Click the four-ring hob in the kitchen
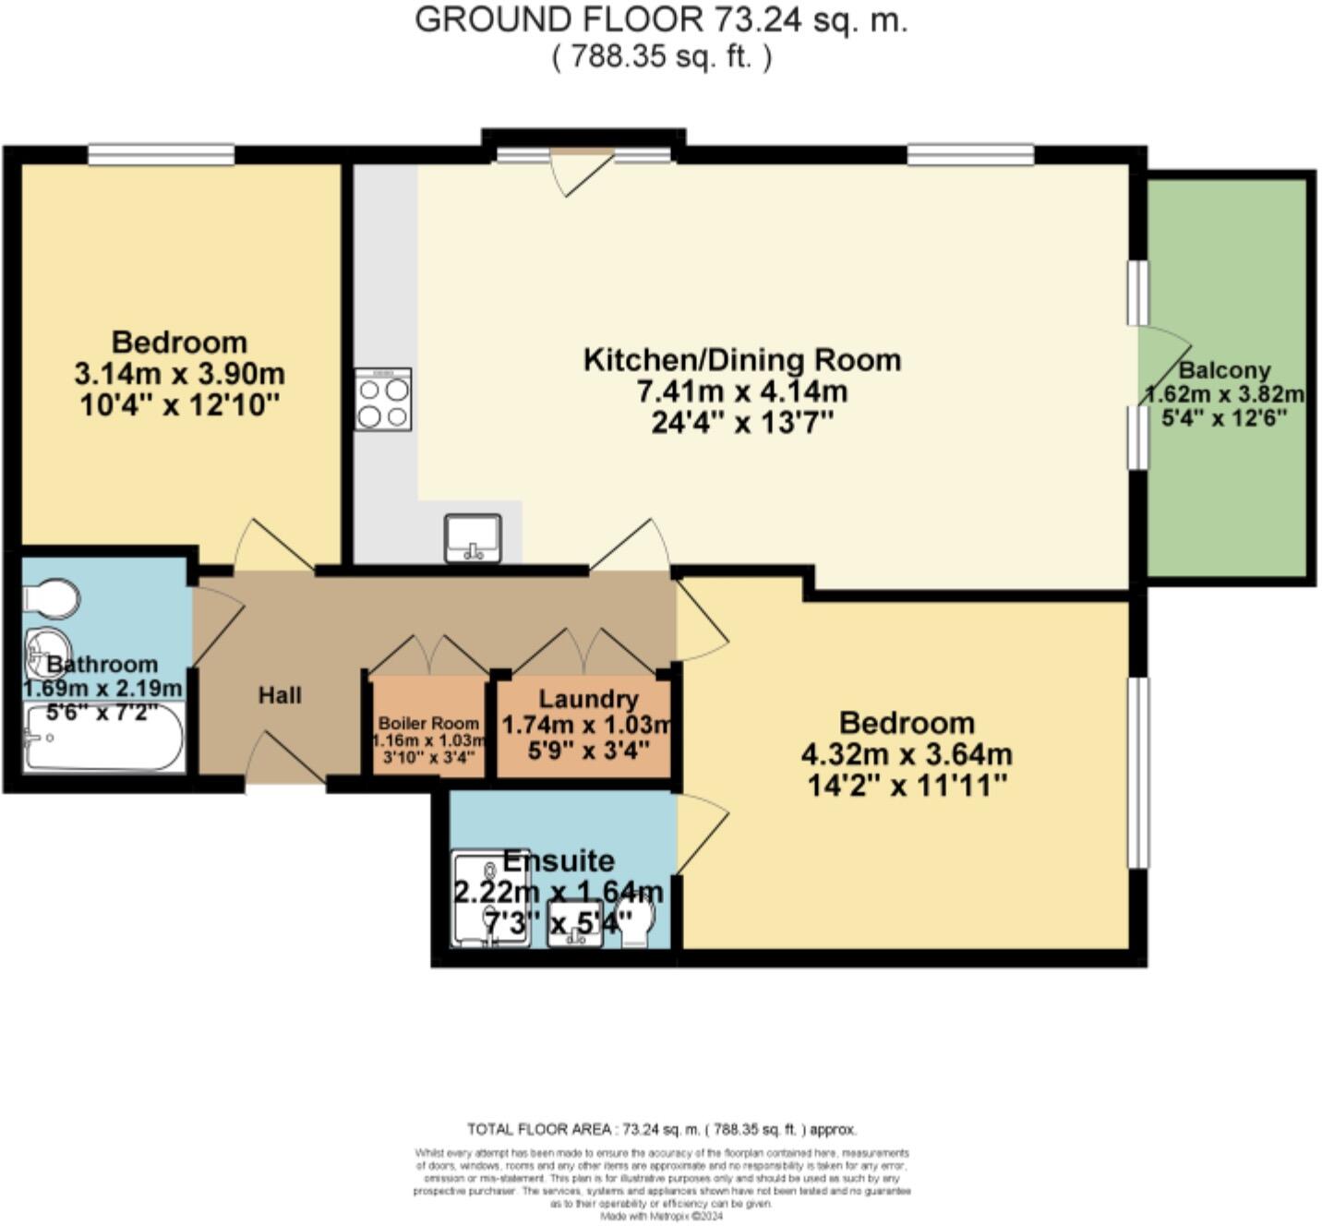[383, 399]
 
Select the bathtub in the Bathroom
[103, 738]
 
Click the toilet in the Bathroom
[51, 598]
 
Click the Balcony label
[1225, 371]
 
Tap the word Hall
[280, 695]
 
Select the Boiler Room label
[428, 723]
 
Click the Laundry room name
[588, 699]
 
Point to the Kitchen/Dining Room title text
[742, 359]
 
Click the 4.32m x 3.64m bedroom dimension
[907, 754]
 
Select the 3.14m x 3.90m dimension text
[179, 374]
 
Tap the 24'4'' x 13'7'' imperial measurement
[742, 423]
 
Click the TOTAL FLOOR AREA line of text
[661, 1129]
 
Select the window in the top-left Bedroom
[161, 155]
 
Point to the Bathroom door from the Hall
[216, 623]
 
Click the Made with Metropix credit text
[661, 1217]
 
